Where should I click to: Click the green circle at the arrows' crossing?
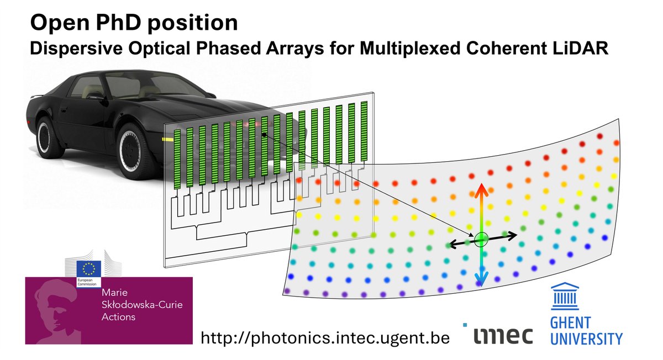coord(481,239)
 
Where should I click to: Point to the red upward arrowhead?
coord(481,189)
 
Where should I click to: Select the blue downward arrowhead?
coord(481,282)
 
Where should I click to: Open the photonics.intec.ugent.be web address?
coord(324,336)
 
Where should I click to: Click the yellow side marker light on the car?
coord(166,139)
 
